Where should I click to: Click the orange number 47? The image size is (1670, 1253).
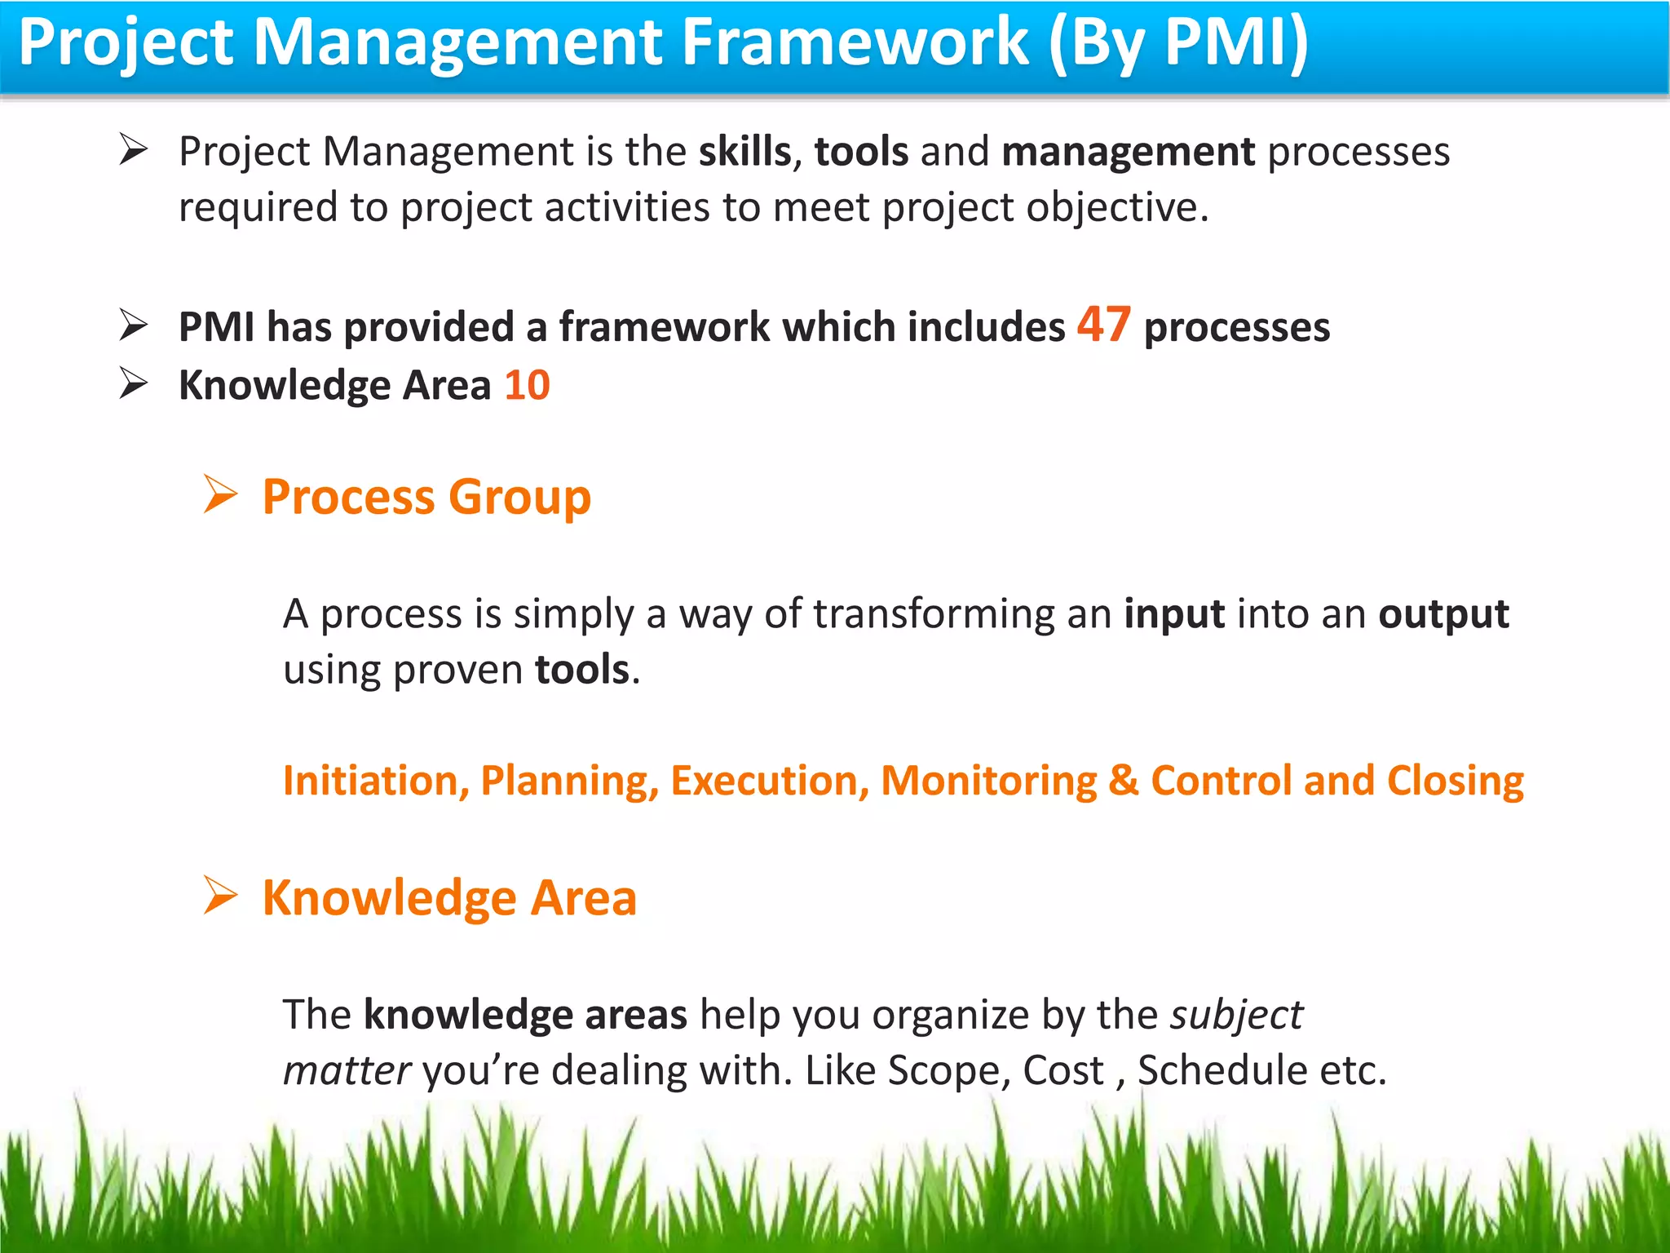point(1103,325)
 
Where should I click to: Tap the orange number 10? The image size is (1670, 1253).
point(527,385)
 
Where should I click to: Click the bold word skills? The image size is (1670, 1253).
point(744,152)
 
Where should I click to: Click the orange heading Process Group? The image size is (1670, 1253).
point(426,498)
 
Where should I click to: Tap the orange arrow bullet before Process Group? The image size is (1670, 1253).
point(219,494)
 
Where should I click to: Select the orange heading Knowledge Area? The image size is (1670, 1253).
point(448,898)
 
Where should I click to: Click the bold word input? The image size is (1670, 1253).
point(1173,614)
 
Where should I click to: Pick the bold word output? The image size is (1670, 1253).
point(1443,614)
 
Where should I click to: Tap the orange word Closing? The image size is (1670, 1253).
point(1455,782)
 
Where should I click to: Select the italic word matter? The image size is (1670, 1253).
point(347,1071)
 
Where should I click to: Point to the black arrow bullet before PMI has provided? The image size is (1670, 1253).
point(133,325)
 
